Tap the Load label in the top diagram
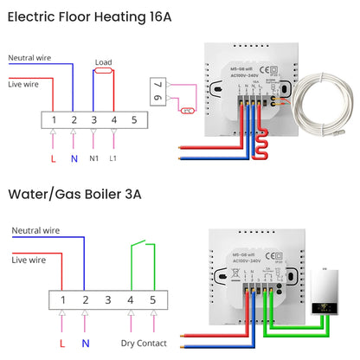[104, 62]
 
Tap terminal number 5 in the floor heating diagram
[134, 119]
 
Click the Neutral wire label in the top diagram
[29, 58]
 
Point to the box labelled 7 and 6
[157, 92]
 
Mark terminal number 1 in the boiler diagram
[65, 299]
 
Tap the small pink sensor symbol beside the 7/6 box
[188, 110]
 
